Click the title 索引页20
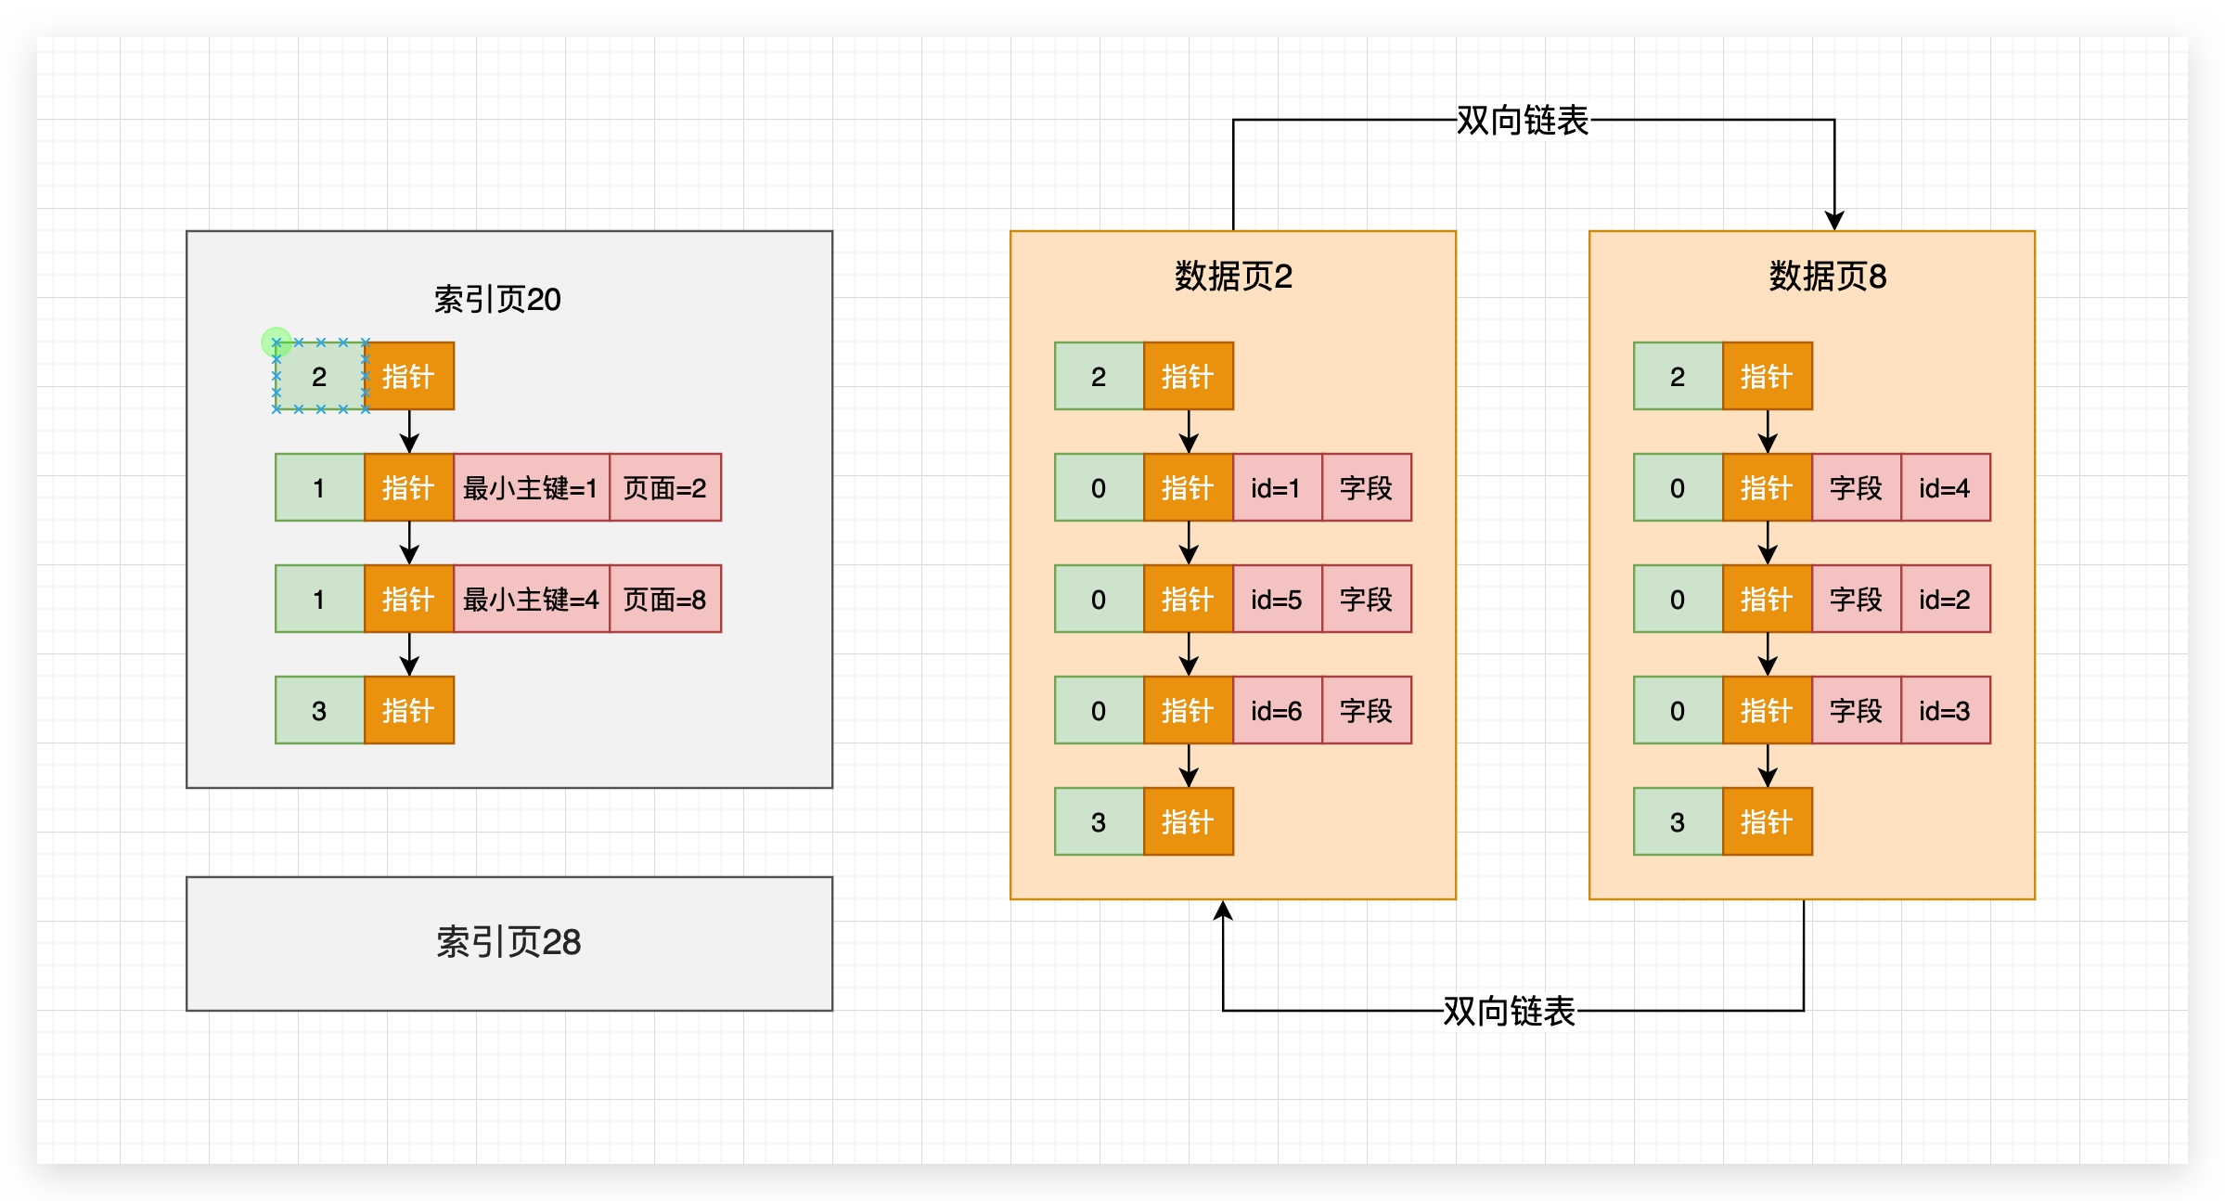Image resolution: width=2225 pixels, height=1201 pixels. (x=497, y=300)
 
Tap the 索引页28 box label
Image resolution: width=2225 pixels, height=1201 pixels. (x=508, y=942)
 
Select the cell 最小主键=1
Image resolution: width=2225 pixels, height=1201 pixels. (x=531, y=488)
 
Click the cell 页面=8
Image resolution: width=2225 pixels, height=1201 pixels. (x=664, y=600)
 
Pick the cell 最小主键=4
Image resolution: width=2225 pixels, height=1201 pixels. (x=531, y=600)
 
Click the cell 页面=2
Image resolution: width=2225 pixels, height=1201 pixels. (x=664, y=488)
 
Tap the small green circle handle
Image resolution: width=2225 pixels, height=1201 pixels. (x=277, y=342)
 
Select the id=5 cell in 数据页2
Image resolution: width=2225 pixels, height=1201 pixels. (x=1276, y=600)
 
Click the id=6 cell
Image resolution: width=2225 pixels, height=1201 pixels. (x=1276, y=711)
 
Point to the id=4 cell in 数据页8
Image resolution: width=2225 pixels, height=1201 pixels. (x=1945, y=488)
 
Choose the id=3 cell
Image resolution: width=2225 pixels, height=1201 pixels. (x=1945, y=711)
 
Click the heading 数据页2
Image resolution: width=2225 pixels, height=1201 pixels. (x=1233, y=277)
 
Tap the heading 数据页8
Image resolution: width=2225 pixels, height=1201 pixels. (x=1827, y=277)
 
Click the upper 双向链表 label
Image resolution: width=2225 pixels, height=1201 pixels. (x=1522, y=121)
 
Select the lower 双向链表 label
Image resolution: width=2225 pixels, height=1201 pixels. (x=1509, y=1011)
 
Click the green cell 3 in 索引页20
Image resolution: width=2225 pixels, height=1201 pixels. (x=319, y=711)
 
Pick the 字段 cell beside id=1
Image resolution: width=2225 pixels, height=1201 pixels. (x=1366, y=488)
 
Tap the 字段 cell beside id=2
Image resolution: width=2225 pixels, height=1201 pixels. (x=1856, y=600)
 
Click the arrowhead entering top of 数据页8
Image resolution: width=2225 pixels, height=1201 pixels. (x=1834, y=221)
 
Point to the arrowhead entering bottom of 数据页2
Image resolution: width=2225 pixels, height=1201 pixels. (x=1223, y=910)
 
